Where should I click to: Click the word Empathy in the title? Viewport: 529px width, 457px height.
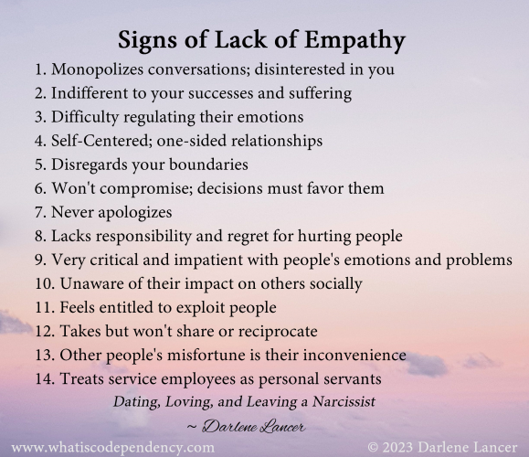[359, 42]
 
